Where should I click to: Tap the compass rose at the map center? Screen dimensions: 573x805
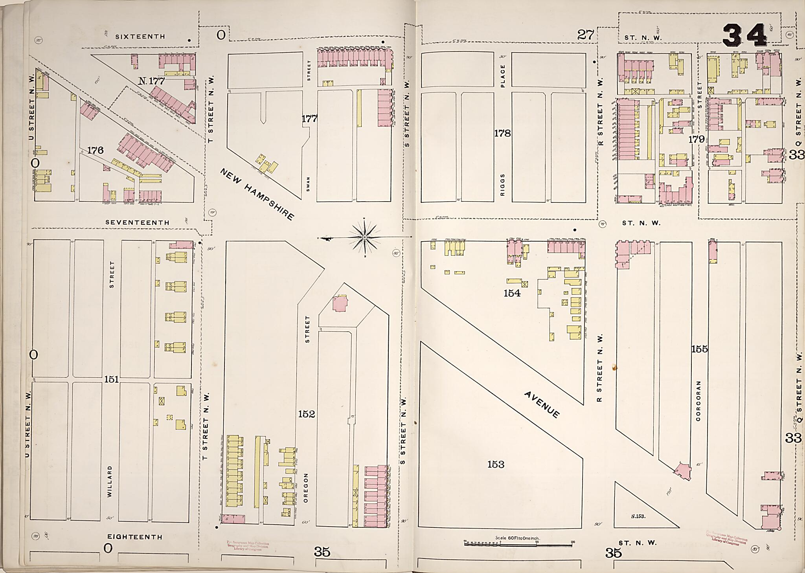coord(365,237)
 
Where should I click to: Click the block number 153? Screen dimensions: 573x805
coord(496,465)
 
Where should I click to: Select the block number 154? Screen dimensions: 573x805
coord(512,293)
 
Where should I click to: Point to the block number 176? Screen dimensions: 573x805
coord(95,150)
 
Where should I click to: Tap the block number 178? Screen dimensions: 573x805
coord(502,133)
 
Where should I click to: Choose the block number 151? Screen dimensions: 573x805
coord(112,379)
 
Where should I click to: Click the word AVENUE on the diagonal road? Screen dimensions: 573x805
coord(542,404)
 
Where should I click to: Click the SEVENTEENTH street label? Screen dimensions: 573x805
coord(137,222)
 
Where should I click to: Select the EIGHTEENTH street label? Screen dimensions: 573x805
coord(134,537)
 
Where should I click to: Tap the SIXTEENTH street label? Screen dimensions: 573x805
coord(140,37)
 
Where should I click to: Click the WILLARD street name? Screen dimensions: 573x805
coord(110,481)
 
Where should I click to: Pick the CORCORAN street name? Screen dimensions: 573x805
coord(698,400)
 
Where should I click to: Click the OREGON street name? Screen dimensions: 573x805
coord(307,487)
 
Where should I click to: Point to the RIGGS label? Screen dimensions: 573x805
coord(503,185)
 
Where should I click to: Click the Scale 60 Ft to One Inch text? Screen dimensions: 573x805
coord(517,538)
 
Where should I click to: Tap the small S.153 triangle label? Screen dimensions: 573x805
coord(638,516)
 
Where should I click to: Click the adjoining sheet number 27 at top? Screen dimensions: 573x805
coord(585,35)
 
